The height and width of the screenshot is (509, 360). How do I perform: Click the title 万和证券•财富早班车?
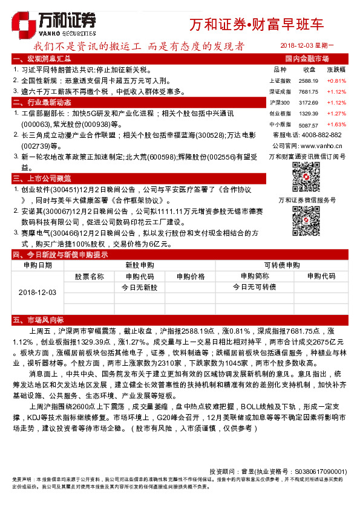click(257, 25)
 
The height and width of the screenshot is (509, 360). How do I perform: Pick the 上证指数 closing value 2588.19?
click(308, 80)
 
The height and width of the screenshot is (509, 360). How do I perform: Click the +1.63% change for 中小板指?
click(336, 123)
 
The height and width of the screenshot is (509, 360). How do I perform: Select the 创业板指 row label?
click(280, 113)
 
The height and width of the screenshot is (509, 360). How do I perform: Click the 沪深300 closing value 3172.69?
click(308, 102)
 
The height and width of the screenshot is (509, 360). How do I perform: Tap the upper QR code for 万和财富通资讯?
click(306, 176)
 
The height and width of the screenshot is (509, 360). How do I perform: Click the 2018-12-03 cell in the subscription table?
click(38, 292)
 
